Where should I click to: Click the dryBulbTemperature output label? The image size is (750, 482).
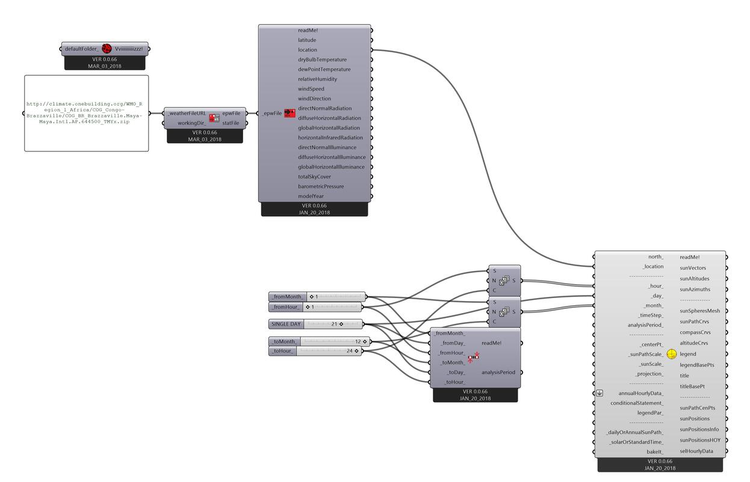[322, 59]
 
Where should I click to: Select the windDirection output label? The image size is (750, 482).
[314, 99]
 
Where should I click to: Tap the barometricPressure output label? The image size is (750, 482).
[321, 186]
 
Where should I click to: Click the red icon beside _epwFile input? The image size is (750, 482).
[290, 113]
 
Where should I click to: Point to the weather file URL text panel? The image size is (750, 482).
[86, 113]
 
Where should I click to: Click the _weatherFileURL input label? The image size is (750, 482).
[187, 113]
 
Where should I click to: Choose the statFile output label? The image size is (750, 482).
[231, 123]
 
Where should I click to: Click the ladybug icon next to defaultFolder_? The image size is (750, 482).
[107, 49]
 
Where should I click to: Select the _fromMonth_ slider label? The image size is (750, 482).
[288, 297]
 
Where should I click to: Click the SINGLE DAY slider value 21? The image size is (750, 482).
[334, 324]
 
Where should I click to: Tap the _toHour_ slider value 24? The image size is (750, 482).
[349, 351]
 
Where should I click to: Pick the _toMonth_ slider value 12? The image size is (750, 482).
[358, 341]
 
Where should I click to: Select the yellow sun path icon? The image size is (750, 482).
[672, 355]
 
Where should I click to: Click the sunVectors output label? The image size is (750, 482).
[693, 268]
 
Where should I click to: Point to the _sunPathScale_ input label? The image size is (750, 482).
[645, 355]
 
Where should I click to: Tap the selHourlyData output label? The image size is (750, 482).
[696, 451]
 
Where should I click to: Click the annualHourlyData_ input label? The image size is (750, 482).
[640, 393]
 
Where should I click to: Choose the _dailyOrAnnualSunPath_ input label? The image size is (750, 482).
[635, 432]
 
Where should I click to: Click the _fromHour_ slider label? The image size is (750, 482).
[286, 307]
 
